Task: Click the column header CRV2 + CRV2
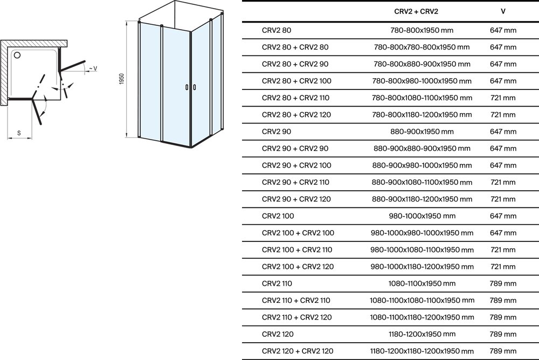click(416, 11)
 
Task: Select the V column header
click(503, 11)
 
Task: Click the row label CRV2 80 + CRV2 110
click(295, 98)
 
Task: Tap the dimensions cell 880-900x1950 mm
click(422, 131)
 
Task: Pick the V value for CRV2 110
click(503, 283)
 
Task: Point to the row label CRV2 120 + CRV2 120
click(298, 351)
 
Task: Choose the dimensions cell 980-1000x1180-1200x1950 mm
click(422, 267)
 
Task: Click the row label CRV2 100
click(278, 216)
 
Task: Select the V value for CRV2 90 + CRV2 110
click(503, 182)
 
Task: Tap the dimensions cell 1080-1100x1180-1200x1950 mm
click(422, 317)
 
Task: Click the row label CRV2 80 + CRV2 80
click(295, 47)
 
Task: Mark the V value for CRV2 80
click(503, 30)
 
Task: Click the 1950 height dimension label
click(121, 79)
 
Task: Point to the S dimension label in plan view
click(19, 133)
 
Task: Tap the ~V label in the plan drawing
click(93, 69)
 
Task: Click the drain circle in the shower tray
click(17, 55)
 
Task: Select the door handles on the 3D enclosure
click(191, 87)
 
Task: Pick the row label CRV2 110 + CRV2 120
click(296, 317)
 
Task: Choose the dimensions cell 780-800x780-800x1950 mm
click(422, 47)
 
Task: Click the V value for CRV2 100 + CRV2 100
click(503, 233)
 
